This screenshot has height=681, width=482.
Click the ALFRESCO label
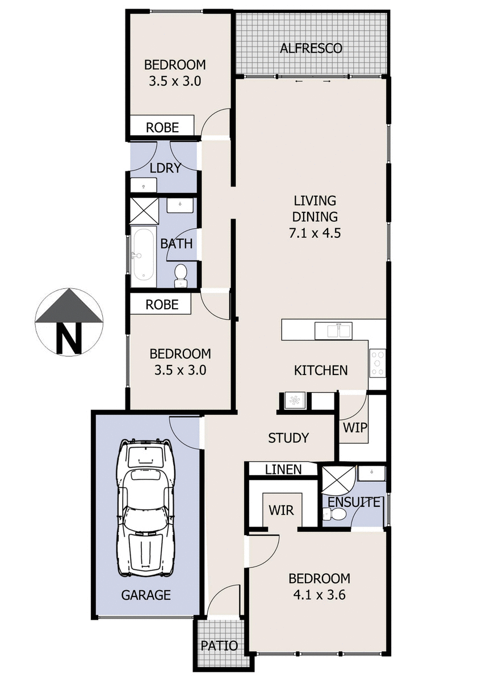pos(311,48)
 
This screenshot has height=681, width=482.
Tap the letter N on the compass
pos(69,337)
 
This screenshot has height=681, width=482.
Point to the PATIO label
pos(219,646)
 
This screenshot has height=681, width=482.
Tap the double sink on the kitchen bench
pos(333,330)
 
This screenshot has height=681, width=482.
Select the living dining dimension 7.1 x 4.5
pos(315,232)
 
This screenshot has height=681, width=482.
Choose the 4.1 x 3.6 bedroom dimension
pos(319,595)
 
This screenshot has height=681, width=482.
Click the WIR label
pos(282,510)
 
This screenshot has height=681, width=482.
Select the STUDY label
pos(288,438)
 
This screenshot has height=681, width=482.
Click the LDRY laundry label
pos(165,168)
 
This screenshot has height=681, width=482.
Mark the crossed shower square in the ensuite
pos(338,480)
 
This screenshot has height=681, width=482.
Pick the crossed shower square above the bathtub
pos(144,211)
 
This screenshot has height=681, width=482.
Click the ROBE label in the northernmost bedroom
pos(162,128)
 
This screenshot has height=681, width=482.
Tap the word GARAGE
pos(146,595)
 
